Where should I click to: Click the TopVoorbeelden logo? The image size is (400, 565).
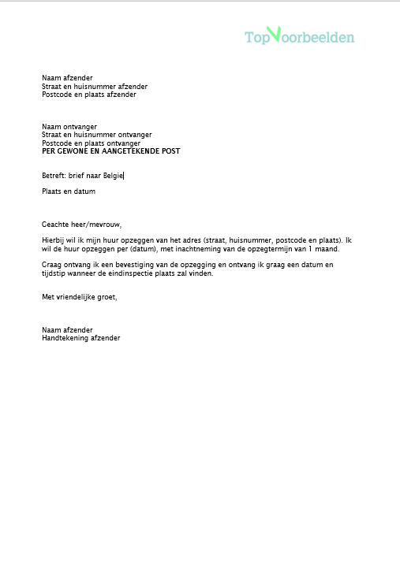tap(299, 36)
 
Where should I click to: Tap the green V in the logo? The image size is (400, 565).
tap(274, 34)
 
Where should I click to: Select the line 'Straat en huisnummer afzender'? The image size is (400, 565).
tap(95, 87)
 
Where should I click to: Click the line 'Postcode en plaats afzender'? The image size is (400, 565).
tap(89, 95)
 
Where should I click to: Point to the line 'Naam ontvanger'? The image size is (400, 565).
tap(69, 126)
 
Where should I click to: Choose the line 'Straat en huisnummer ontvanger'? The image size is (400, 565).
tap(97, 135)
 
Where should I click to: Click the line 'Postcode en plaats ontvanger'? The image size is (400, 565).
tap(92, 143)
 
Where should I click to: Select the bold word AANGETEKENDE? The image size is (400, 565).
tap(136, 151)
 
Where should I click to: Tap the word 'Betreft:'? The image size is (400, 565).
tap(54, 176)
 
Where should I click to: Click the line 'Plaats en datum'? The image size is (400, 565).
tap(69, 191)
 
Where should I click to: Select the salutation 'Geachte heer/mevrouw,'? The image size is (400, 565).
tap(82, 224)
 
